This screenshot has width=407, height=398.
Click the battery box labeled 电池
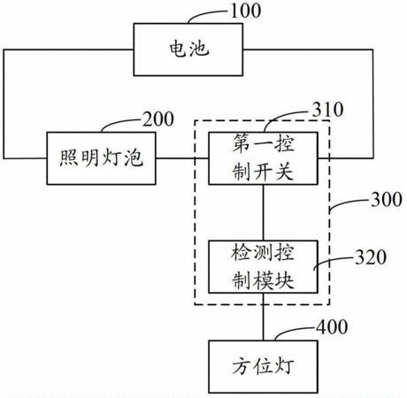pos(188,50)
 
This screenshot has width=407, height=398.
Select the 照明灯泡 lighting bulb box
pos(101,158)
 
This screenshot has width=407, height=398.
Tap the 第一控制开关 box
pos(263,158)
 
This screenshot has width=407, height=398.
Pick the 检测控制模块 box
pos(263,267)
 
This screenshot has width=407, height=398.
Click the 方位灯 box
pos(263,367)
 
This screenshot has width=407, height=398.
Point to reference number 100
pos(246,11)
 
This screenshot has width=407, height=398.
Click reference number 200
pos(158,119)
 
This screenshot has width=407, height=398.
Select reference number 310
pos(328,110)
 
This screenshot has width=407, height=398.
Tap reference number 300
pos(387,200)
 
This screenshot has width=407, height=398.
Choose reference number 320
pos(371,257)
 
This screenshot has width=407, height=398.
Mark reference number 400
pos(332,327)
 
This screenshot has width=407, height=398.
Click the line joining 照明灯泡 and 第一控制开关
pos(182,158)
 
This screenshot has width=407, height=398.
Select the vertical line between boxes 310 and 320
pos(264,212)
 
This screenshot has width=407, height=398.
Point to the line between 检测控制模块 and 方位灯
pos(264,317)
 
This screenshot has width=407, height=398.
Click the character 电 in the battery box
pos(178,49)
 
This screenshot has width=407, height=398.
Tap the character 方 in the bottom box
pos(242,367)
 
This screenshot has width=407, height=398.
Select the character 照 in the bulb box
pos(69,158)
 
